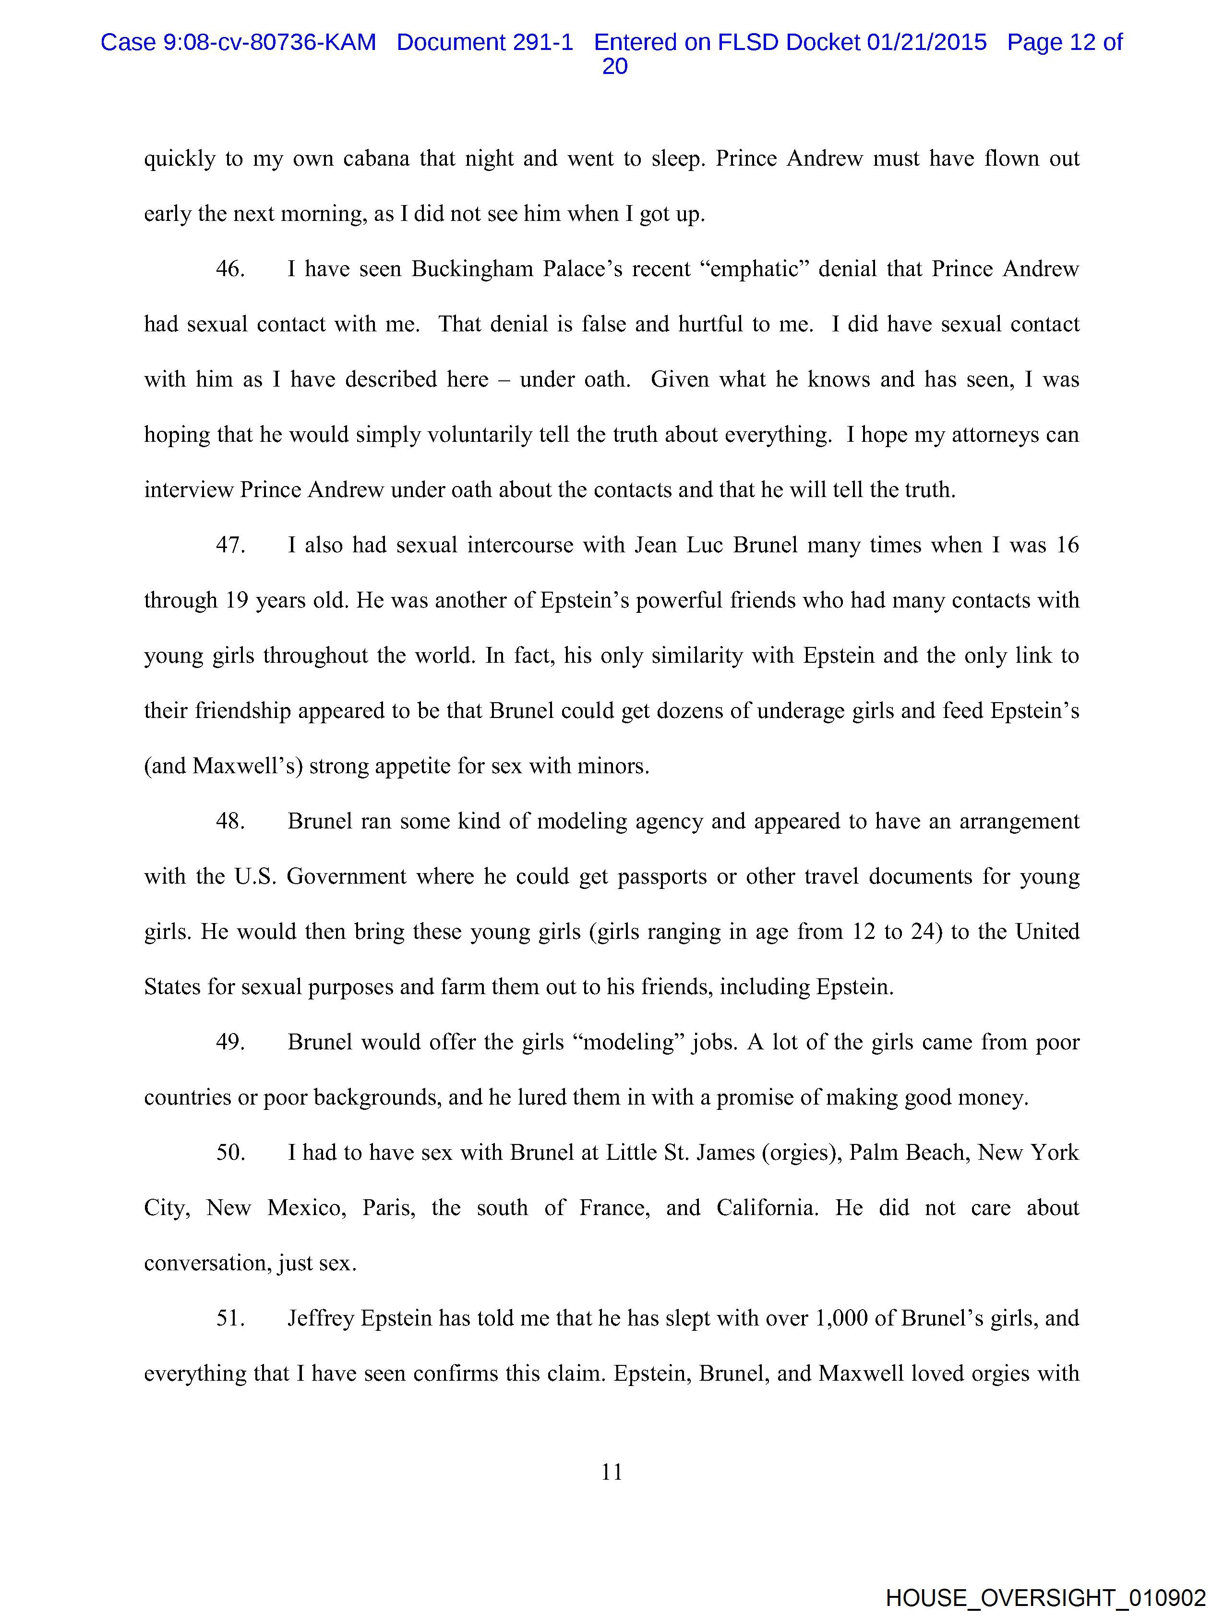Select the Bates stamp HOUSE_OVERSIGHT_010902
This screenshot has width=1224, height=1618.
[x=1045, y=1597]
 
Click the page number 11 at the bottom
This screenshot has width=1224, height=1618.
[x=611, y=1472]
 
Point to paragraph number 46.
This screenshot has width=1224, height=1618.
[x=229, y=269]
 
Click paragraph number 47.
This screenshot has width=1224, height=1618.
[x=229, y=545]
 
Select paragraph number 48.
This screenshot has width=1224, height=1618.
[x=229, y=821]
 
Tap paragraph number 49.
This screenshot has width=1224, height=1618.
[x=229, y=1042]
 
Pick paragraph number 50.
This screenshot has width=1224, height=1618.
[x=229, y=1152]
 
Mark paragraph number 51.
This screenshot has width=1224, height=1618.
[x=229, y=1318]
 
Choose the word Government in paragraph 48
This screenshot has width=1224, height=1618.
[x=346, y=876]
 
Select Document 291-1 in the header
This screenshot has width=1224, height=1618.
[x=485, y=42]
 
